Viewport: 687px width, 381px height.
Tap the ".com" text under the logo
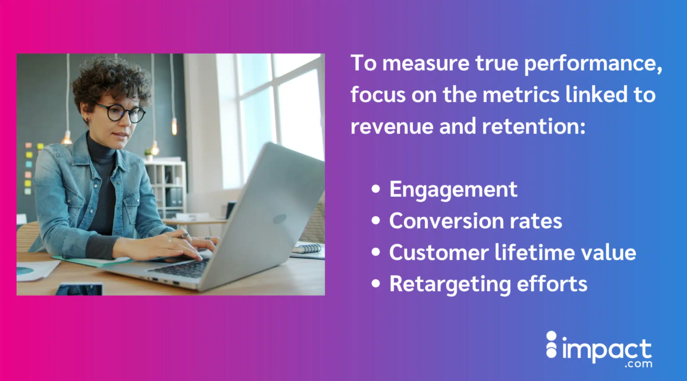[x=638, y=364]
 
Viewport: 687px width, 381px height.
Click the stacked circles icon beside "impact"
[x=551, y=344]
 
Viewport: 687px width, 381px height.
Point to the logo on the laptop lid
[x=279, y=219]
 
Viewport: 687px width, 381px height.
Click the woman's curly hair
[x=110, y=82]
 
